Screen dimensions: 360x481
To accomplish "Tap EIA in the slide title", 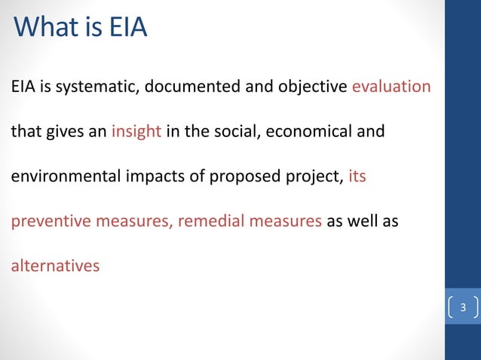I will click(x=127, y=28).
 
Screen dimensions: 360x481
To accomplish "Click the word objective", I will click(x=305, y=87).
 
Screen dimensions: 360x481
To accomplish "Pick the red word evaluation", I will click(x=391, y=87).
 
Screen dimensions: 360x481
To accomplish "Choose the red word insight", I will click(x=136, y=132).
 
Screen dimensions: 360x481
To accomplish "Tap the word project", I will click(x=313, y=178).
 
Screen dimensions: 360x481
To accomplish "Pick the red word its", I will click(x=357, y=178).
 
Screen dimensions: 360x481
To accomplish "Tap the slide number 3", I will click(x=463, y=307).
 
